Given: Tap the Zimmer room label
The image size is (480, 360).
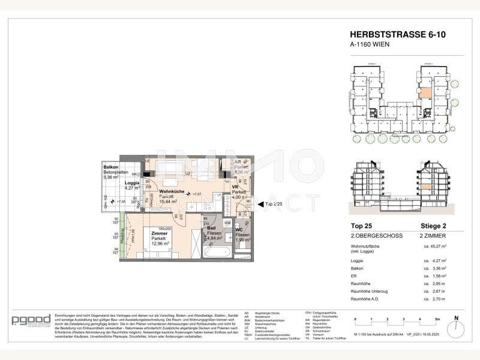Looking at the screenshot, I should click(162, 234).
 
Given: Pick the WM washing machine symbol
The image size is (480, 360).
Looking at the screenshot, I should click(219, 223).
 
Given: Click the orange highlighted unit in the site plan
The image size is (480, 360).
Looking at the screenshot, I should click(425, 93).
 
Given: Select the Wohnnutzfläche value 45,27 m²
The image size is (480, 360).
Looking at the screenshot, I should click(441, 245).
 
